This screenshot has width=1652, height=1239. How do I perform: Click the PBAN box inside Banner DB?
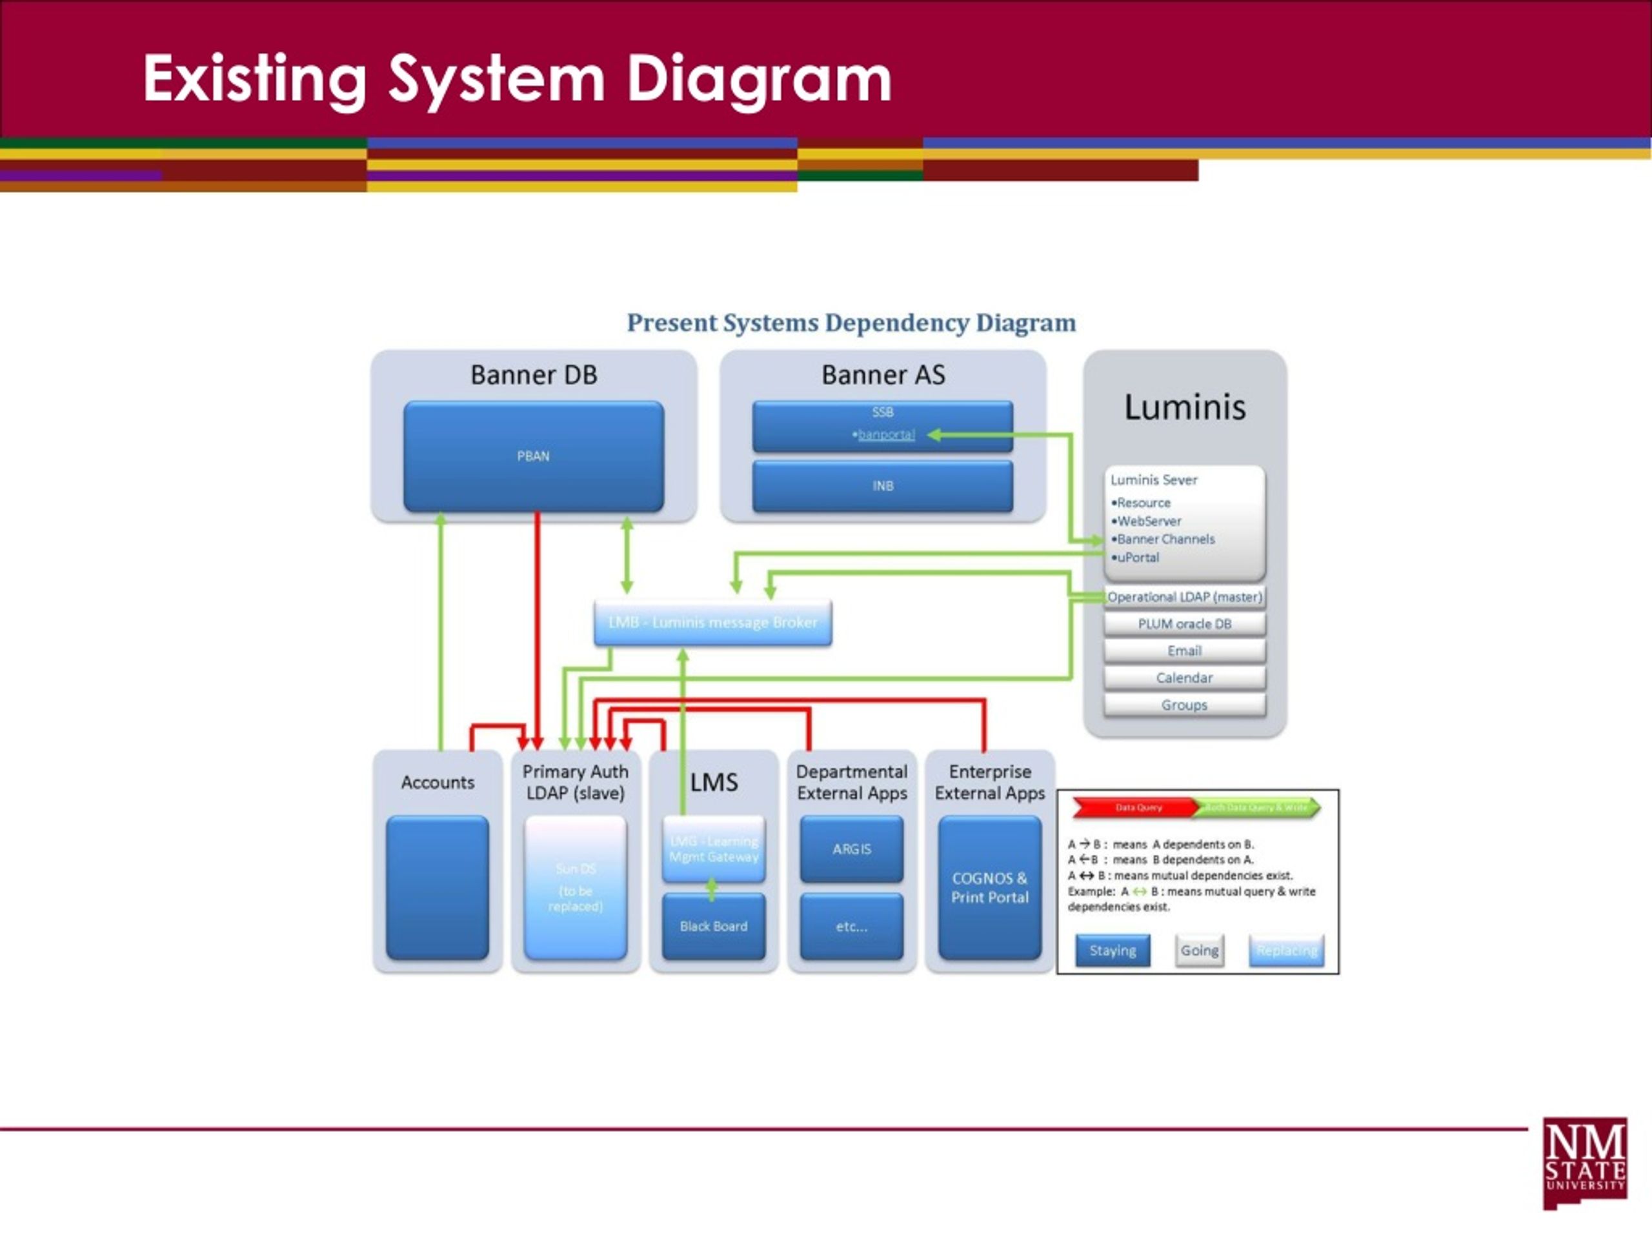click(533, 456)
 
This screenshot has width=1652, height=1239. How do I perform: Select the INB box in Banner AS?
click(883, 486)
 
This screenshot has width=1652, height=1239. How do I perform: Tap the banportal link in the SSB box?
click(886, 435)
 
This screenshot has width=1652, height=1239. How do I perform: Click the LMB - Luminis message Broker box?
click(712, 622)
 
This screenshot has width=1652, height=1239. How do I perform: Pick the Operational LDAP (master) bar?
click(1185, 597)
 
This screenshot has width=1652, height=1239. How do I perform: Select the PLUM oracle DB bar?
click(1185, 623)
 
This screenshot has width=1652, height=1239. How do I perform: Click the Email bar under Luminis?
click(1185, 650)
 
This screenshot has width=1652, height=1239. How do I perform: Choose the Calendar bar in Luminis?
click(1185, 678)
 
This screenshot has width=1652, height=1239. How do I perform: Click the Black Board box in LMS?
click(713, 926)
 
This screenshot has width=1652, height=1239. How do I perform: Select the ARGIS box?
click(851, 849)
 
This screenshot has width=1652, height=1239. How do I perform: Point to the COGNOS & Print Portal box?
click(989, 887)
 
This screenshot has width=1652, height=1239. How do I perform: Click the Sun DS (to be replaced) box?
click(575, 887)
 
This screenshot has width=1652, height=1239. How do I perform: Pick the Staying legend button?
click(1112, 951)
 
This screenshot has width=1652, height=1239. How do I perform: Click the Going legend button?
click(1200, 951)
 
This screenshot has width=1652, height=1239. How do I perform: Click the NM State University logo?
click(1585, 1163)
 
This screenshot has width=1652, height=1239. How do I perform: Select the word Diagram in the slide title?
click(759, 79)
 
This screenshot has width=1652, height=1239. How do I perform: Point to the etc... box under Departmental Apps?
click(851, 926)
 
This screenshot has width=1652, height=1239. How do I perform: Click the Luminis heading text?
click(1185, 408)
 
